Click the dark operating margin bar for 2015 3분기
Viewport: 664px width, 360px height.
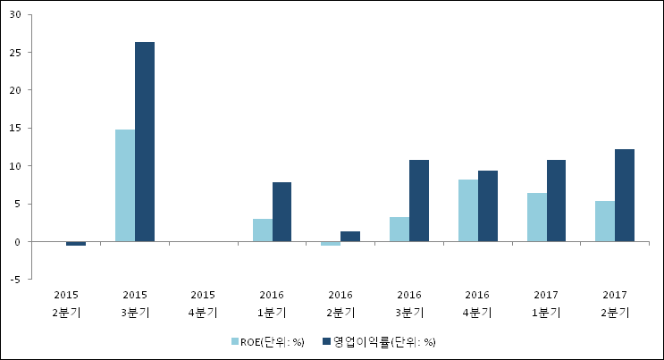coord(145,141)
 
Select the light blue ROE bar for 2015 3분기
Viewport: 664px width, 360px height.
coord(125,185)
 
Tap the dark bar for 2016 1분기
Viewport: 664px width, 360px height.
coord(282,212)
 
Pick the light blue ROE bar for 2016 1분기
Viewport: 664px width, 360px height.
coord(262,230)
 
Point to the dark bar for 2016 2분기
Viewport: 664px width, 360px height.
coord(350,236)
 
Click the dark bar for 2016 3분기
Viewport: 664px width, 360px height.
coord(419,200)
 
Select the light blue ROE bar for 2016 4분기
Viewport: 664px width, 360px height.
coord(468,210)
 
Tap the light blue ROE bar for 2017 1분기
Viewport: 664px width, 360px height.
coord(536,217)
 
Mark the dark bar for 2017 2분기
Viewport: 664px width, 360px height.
coord(625,195)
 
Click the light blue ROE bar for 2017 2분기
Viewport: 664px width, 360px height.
coord(605,221)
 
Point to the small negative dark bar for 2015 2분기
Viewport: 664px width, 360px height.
coord(76,243)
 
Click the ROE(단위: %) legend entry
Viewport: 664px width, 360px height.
coord(267,341)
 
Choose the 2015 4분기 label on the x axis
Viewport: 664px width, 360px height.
coord(203,304)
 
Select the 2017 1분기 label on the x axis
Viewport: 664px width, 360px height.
coord(546,304)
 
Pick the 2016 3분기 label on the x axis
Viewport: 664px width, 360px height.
coord(408,304)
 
